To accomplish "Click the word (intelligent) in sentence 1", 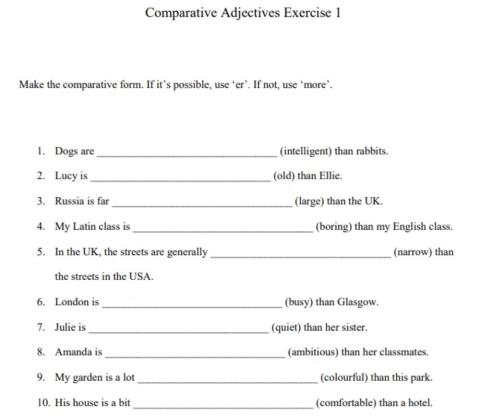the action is [x=313, y=152].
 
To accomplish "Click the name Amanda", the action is [x=72, y=352].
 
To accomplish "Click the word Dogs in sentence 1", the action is [x=66, y=152].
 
